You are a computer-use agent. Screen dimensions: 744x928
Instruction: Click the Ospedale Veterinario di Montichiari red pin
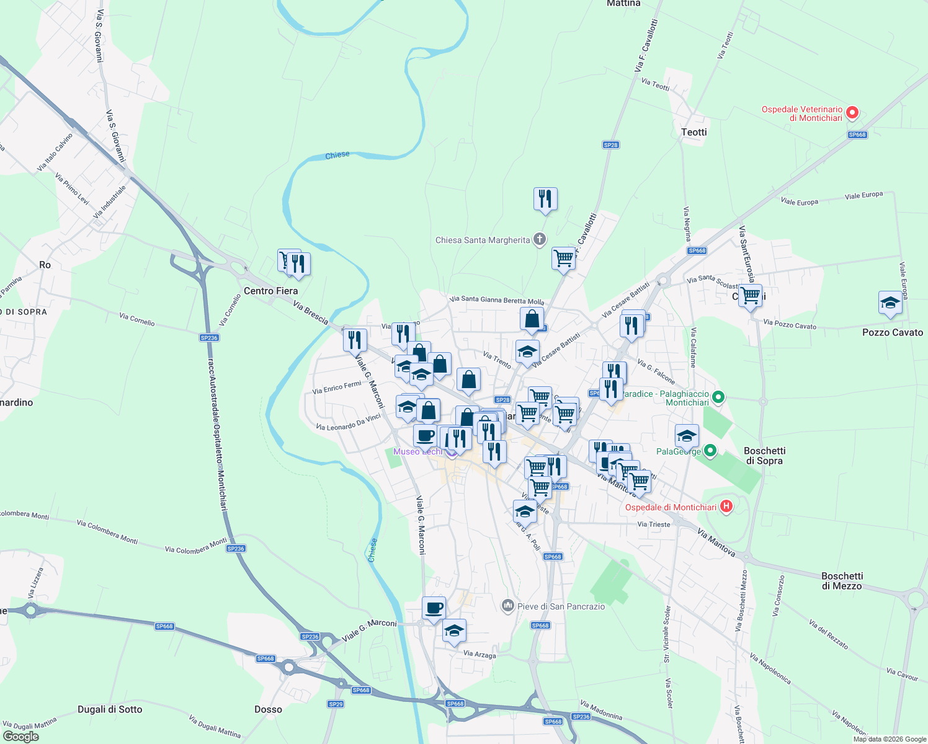[x=852, y=113]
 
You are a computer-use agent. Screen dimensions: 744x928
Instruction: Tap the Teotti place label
[x=694, y=132]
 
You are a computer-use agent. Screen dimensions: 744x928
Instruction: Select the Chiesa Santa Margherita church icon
[x=540, y=239]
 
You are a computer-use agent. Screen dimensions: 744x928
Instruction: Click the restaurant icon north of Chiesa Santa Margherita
[x=545, y=199]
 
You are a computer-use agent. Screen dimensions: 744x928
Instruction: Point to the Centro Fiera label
[x=270, y=291]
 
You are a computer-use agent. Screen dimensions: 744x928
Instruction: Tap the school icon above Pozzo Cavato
[x=890, y=303]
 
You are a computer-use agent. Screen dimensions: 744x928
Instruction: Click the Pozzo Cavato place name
[x=892, y=332]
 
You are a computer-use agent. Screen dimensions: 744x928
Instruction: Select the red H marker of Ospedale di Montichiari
[x=725, y=507]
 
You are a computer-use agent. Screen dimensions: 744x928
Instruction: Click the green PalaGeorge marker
[x=710, y=451]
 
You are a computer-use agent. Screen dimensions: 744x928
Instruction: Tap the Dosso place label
[x=268, y=709]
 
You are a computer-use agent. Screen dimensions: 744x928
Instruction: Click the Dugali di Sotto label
[x=110, y=709]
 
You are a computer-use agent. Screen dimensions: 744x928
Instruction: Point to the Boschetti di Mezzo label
[x=841, y=581]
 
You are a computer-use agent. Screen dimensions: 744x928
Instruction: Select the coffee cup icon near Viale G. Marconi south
[x=434, y=608]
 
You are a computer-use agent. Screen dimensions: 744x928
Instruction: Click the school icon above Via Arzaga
[x=454, y=631]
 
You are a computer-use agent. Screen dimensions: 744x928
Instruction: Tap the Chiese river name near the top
[x=337, y=155]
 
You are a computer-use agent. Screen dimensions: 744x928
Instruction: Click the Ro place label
[x=45, y=265]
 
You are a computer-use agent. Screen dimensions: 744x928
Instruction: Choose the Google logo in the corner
[x=20, y=737]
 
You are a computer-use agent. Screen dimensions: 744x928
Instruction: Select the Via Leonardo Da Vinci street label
[x=348, y=422]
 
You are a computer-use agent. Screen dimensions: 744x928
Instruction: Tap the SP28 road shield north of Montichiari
[x=610, y=145]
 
